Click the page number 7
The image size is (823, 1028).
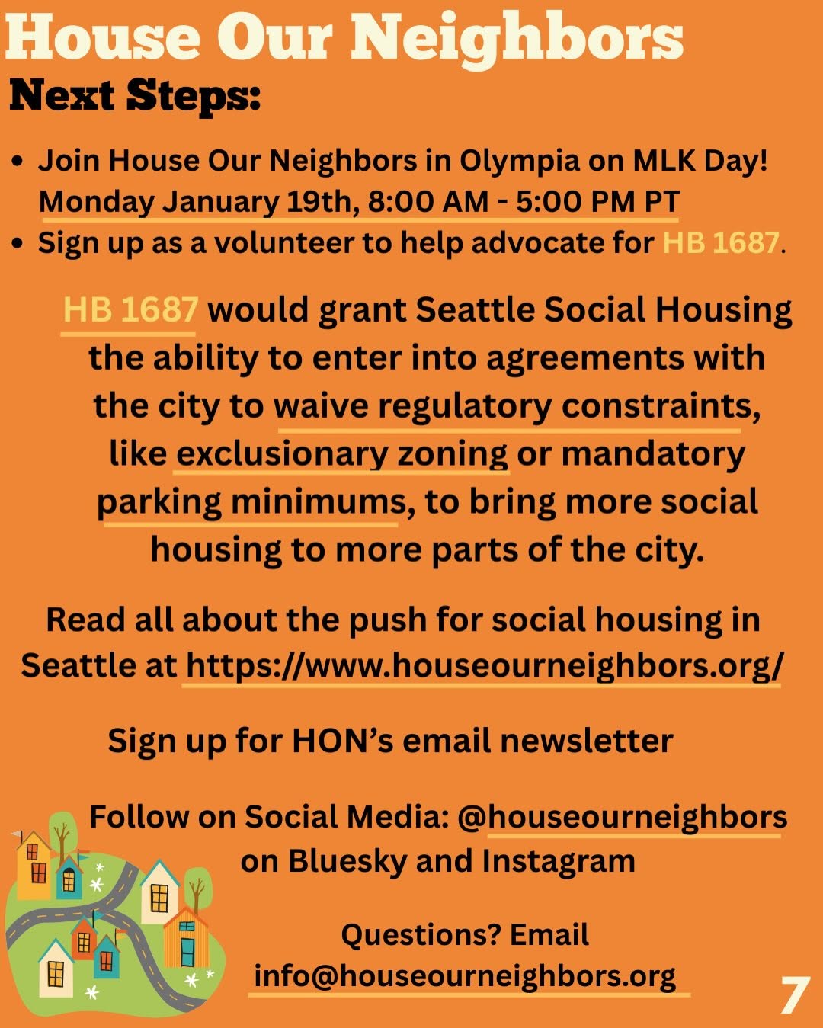pyautogui.click(x=796, y=994)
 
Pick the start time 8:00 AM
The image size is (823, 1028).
pyautogui.click(x=428, y=202)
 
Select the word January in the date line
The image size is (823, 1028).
pyautogui.click(x=220, y=203)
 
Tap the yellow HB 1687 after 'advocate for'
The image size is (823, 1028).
pyautogui.click(x=721, y=243)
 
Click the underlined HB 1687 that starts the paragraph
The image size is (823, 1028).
pyautogui.click(x=130, y=309)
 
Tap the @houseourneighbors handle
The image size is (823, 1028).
pyautogui.click(x=622, y=817)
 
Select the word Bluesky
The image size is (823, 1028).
pyautogui.click(x=347, y=862)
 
